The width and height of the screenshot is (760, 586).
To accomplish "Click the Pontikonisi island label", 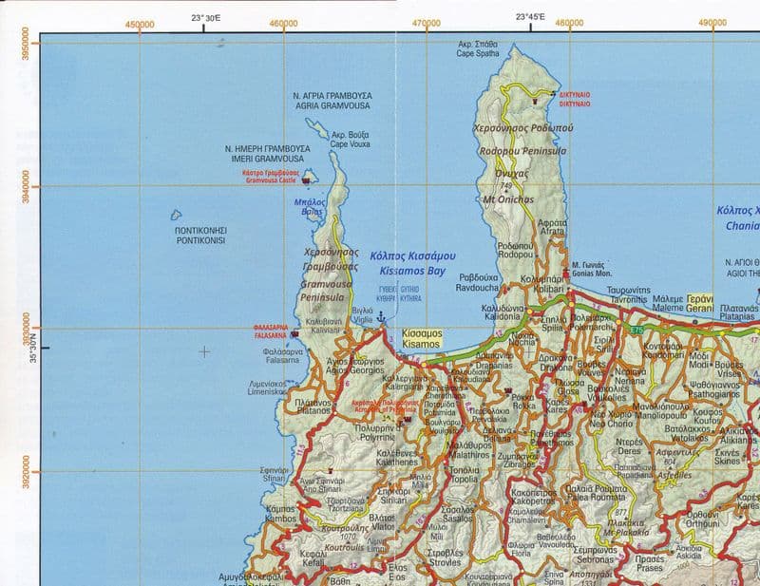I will pos(199,236).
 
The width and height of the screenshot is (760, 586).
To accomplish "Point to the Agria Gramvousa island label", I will pos(332,102).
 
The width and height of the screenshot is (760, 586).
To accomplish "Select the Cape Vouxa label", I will pos(351,141).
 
